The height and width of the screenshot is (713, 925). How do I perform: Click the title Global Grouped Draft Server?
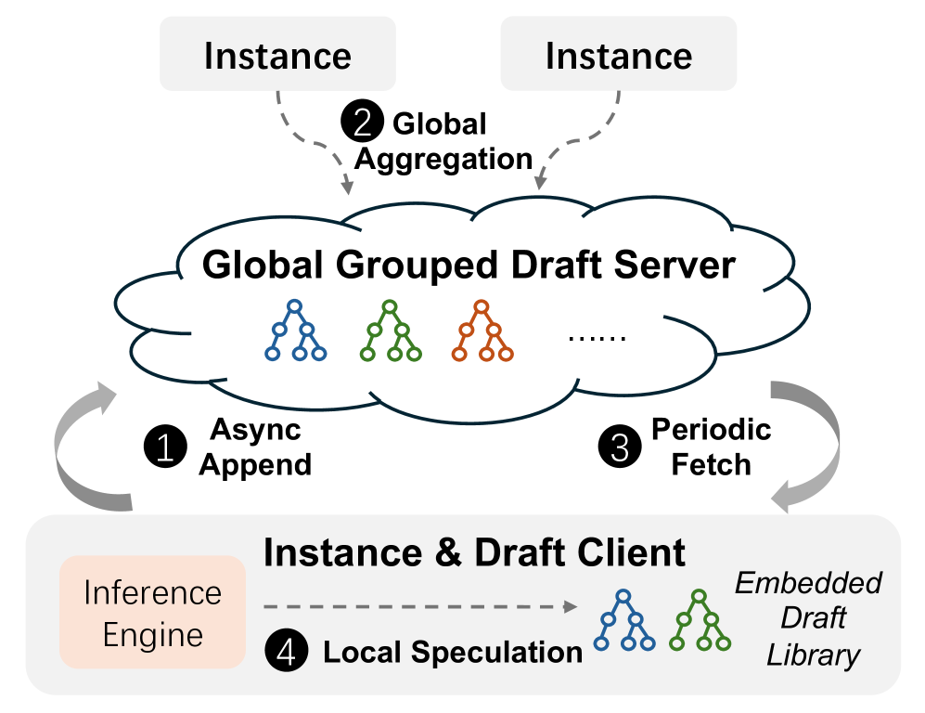(x=469, y=266)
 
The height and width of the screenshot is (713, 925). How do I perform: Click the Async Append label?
(x=256, y=447)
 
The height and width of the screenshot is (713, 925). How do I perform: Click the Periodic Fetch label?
(x=711, y=446)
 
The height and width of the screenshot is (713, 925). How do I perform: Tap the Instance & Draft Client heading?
(x=474, y=552)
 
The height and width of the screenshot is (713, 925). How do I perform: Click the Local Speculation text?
(x=452, y=652)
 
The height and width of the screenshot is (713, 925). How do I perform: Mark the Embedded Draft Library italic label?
(x=808, y=618)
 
